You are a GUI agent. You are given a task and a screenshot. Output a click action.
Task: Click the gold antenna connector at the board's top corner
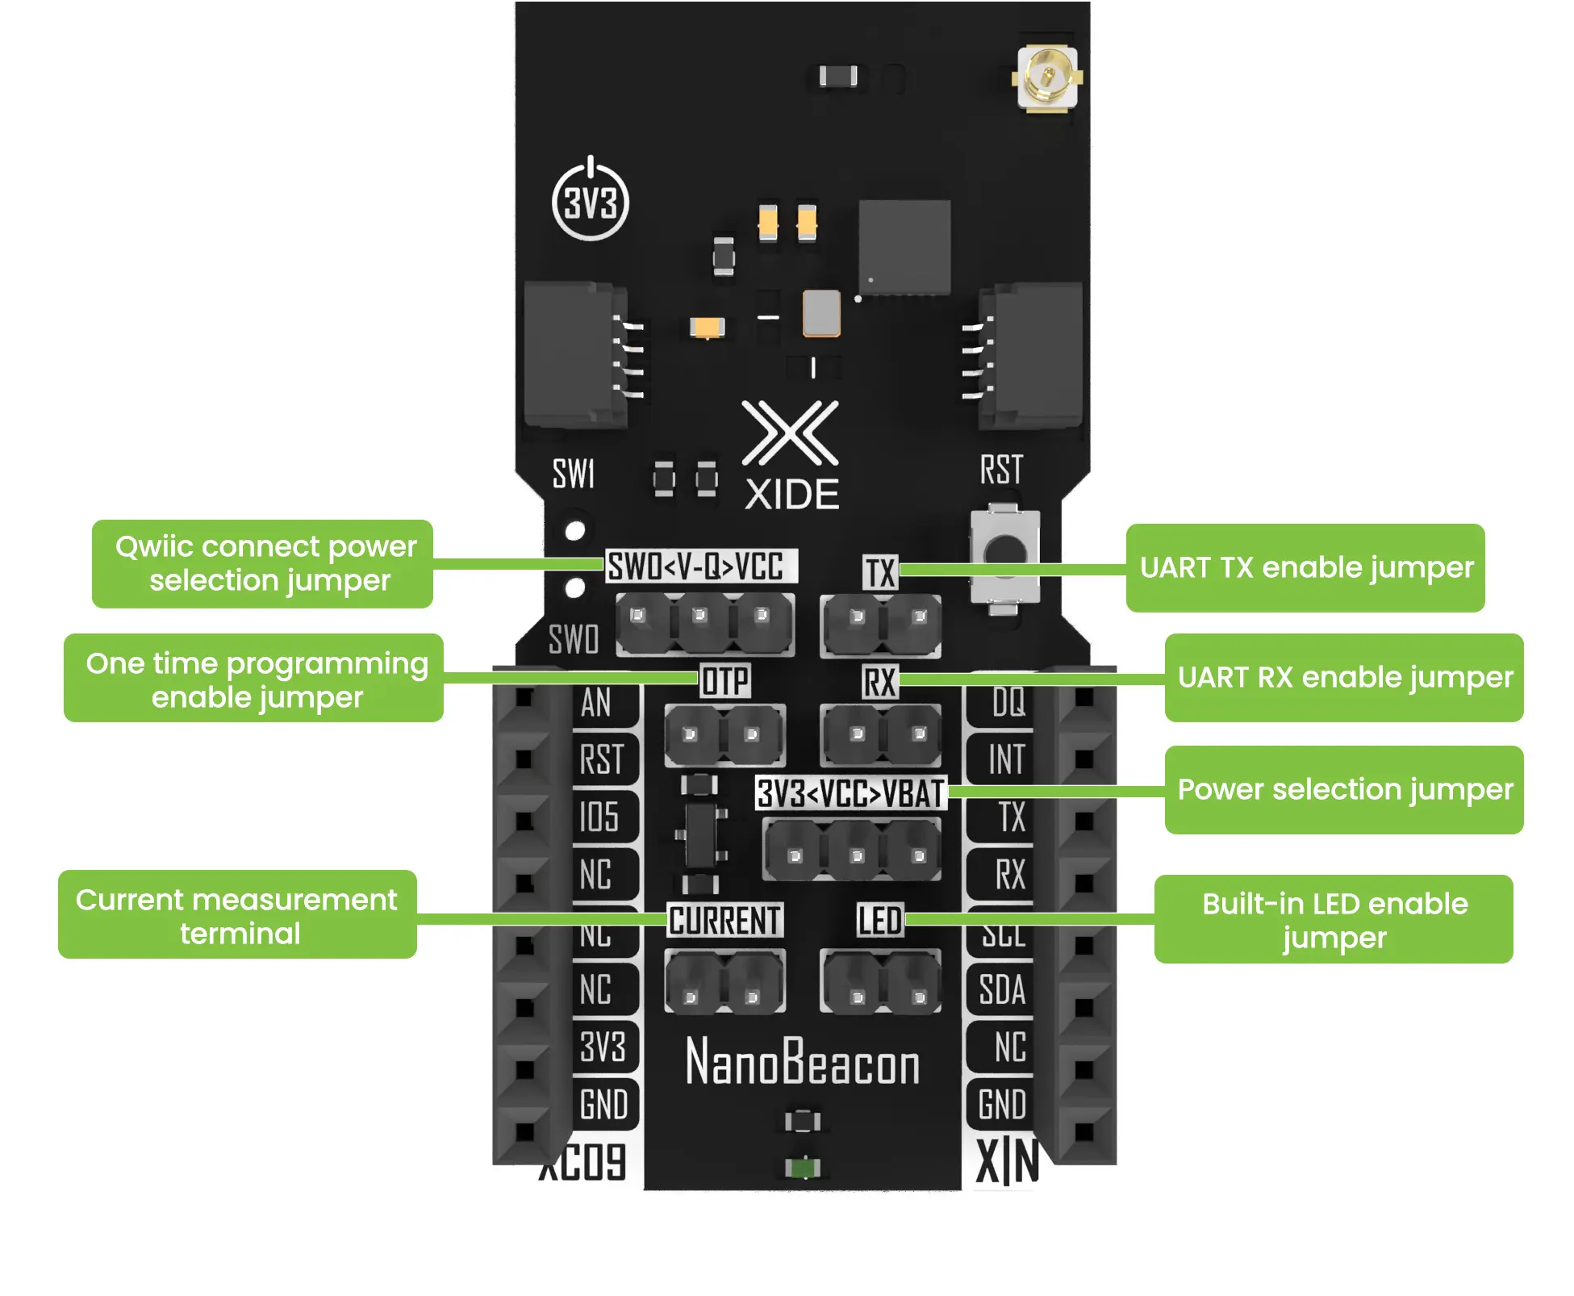(1047, 78)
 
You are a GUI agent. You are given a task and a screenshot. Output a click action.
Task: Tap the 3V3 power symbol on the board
(591, 202)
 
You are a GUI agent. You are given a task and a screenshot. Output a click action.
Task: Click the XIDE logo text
(791, 494)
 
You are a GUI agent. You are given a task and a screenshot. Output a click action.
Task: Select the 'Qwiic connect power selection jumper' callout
(263, 563)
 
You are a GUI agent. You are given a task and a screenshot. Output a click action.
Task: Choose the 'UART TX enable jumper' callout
(1305, 567)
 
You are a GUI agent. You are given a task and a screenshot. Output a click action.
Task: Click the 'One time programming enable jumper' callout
(254, 679)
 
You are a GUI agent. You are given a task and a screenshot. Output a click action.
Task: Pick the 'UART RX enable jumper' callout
(1344, 678)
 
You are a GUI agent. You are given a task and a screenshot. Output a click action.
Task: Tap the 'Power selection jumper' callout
(1344, 789)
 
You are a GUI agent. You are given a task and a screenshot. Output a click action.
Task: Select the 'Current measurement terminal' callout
(238, 915)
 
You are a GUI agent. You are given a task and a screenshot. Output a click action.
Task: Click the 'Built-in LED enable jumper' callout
(1334, 919)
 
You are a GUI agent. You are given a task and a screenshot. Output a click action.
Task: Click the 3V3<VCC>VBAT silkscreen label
(850, 793)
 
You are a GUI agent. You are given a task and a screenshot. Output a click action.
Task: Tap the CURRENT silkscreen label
(724, 921)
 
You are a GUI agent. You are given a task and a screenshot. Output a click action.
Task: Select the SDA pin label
(1002, 989)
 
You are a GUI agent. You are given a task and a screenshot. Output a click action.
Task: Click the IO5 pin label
(599, 817)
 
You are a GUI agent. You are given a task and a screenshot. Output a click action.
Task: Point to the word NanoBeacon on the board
(803, 1062)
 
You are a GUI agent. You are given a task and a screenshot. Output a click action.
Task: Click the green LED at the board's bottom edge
(803, 1167)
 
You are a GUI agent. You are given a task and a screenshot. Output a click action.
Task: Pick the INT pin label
(1006, 759)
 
